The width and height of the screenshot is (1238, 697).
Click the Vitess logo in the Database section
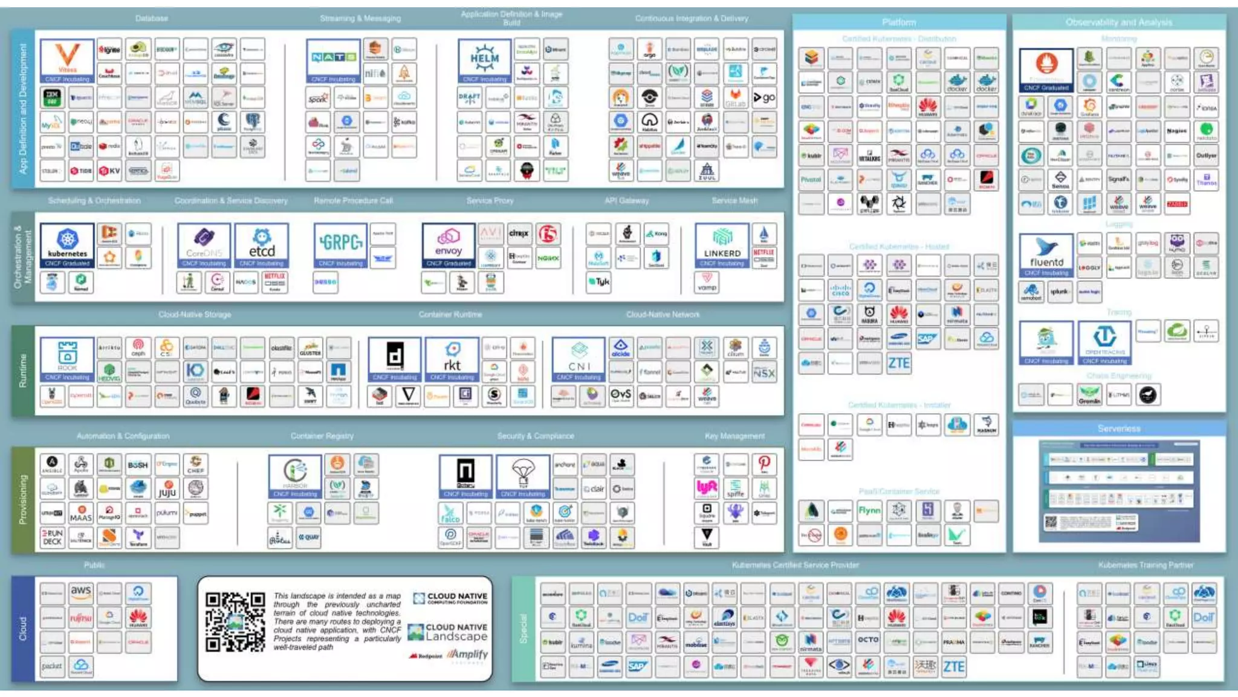pyautogui.click(x=67, y=59)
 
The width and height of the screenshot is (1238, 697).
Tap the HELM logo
pyautogui.click(x=484, y=59)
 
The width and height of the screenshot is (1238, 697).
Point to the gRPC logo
pyautogui.click(x=341, y=243)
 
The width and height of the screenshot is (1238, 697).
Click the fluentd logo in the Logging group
pyautogui.click(x=1046, y=254)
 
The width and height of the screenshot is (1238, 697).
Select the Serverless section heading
pyautogui.click(x=1119, y=428)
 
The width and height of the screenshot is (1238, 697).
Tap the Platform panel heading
pyautogui.click(x=899, y=22)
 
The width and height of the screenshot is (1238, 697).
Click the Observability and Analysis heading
pyautogui.click(x=1119, y=22)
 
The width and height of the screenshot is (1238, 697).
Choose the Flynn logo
pyautogui.click(x=869, y=511)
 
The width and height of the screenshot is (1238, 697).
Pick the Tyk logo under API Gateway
pyautogui.click(x=599, y=282)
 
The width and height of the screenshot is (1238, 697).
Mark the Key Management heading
pyautogui.click(x=734, y=436)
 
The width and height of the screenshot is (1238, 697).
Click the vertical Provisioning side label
pyautogui.click(x=23, y=499)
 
